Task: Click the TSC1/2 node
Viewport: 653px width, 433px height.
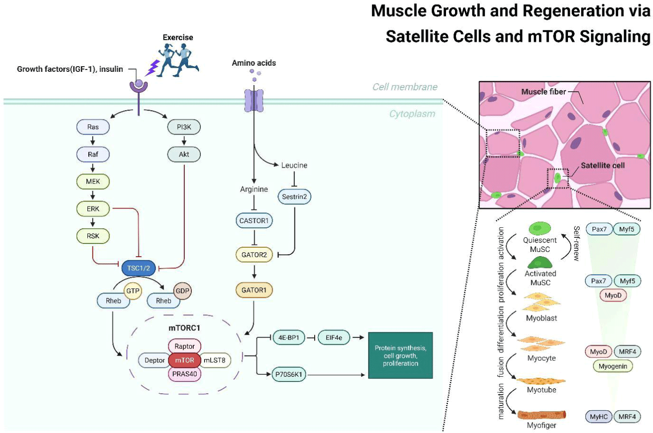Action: point(138,268)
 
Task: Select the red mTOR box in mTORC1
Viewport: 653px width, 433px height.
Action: point(184,360)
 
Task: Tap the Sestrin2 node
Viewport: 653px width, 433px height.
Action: point(294,197)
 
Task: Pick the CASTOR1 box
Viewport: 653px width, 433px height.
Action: point(254,221)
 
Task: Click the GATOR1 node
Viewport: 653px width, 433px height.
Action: point(254,290)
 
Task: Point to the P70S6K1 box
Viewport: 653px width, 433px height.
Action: point(289,374)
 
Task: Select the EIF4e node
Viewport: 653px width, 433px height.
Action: point(334,338)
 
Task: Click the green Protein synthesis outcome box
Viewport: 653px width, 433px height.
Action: point(400,355)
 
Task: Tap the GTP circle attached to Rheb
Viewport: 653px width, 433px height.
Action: point(133,291)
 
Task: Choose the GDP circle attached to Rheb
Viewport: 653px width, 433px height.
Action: point(182,291)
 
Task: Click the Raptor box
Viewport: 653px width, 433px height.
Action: point(184,346)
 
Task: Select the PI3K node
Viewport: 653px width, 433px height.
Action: point(184,127)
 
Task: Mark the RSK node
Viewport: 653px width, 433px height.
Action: point(93,236)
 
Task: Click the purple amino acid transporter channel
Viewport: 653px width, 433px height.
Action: point(254,101)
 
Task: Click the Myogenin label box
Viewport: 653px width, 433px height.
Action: point(613,366)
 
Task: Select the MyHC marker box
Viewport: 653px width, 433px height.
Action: point(599,416)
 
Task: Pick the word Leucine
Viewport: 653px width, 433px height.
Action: point(294,165)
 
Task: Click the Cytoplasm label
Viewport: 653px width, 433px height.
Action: point(412,114)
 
